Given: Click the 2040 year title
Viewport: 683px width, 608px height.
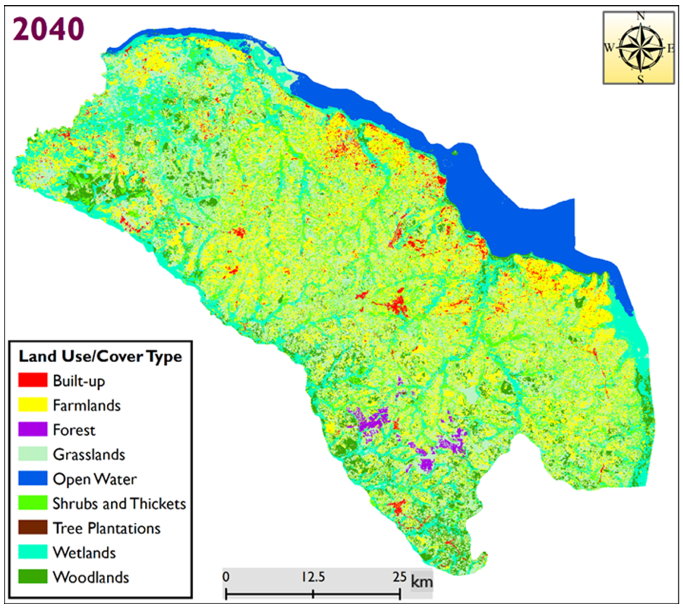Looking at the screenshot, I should (x=49, y=29).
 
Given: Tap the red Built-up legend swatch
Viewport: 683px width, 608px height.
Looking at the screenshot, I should (x=33, y=381).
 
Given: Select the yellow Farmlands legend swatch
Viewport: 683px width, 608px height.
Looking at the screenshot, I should (x=33, y=405).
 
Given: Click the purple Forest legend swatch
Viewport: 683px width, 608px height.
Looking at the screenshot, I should (x=33, y=429).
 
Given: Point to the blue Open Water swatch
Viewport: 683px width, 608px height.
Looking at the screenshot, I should (x=33, y=479).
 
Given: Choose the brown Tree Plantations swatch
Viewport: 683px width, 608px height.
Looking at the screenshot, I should (x=33, y=528).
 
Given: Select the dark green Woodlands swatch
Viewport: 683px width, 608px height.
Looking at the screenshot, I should (x=33, y=577).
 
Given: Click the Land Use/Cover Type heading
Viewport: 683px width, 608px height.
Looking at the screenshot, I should (x=100, y=357).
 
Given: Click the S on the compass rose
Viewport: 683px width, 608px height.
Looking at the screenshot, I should (x=640, y=79).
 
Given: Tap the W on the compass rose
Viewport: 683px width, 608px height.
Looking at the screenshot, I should (x=609, y=48).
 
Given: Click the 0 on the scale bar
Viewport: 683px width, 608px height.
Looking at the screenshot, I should (x=226, y=577).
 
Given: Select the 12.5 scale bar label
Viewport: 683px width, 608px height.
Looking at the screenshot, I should (x=313, y=577).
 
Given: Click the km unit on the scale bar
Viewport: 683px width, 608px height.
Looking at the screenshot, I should (x=422, y=582).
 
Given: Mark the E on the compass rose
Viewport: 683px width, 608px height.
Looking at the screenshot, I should (x=671, y=49).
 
